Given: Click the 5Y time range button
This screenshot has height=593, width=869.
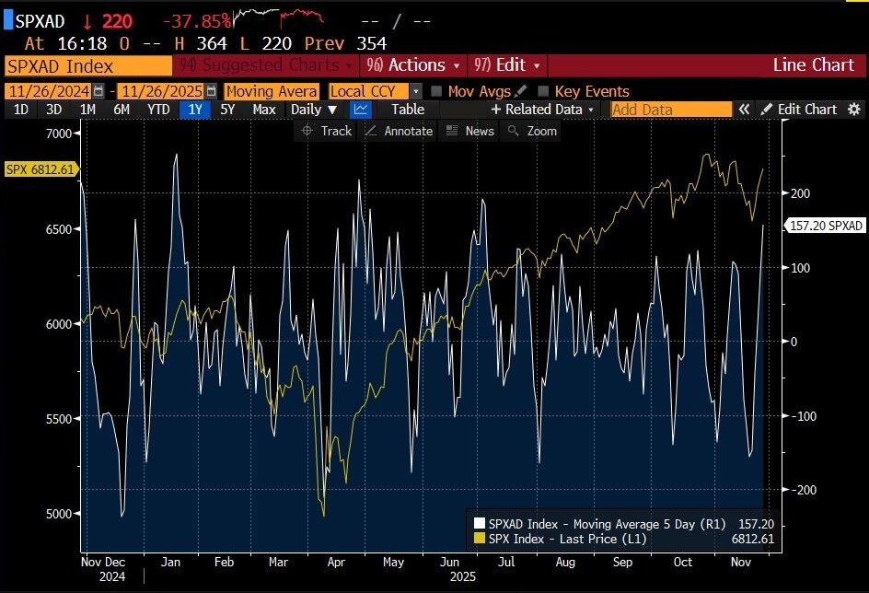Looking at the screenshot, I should pos(227,110).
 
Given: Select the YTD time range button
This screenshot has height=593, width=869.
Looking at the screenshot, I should pos(158,110).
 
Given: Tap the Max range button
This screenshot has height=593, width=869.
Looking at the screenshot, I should pos(263,110).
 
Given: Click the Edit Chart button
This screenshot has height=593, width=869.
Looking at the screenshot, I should pos(798,110).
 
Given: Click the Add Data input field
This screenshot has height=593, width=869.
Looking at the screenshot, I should pos(670,110).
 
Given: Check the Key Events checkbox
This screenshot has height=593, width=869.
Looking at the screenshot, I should pos(543,91).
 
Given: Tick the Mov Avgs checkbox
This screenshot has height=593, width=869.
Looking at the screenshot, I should pos(436,91).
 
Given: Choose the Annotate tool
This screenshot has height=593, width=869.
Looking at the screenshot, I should pos(399,131).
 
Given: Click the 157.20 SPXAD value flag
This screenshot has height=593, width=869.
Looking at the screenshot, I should pos(826,226).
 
